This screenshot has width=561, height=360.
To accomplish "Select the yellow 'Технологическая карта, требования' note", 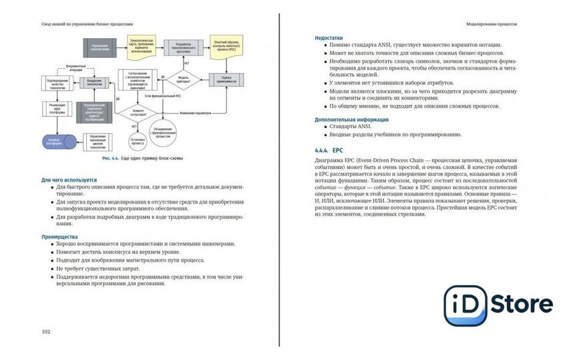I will [141, 46].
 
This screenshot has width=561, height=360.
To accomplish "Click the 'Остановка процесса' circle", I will [139, 141].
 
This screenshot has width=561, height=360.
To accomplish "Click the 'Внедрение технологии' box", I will [95, 81].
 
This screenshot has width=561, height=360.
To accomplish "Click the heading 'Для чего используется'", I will [69, 180].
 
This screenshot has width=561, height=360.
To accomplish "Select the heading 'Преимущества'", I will [59, 236].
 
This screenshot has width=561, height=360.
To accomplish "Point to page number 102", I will [46, 331].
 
